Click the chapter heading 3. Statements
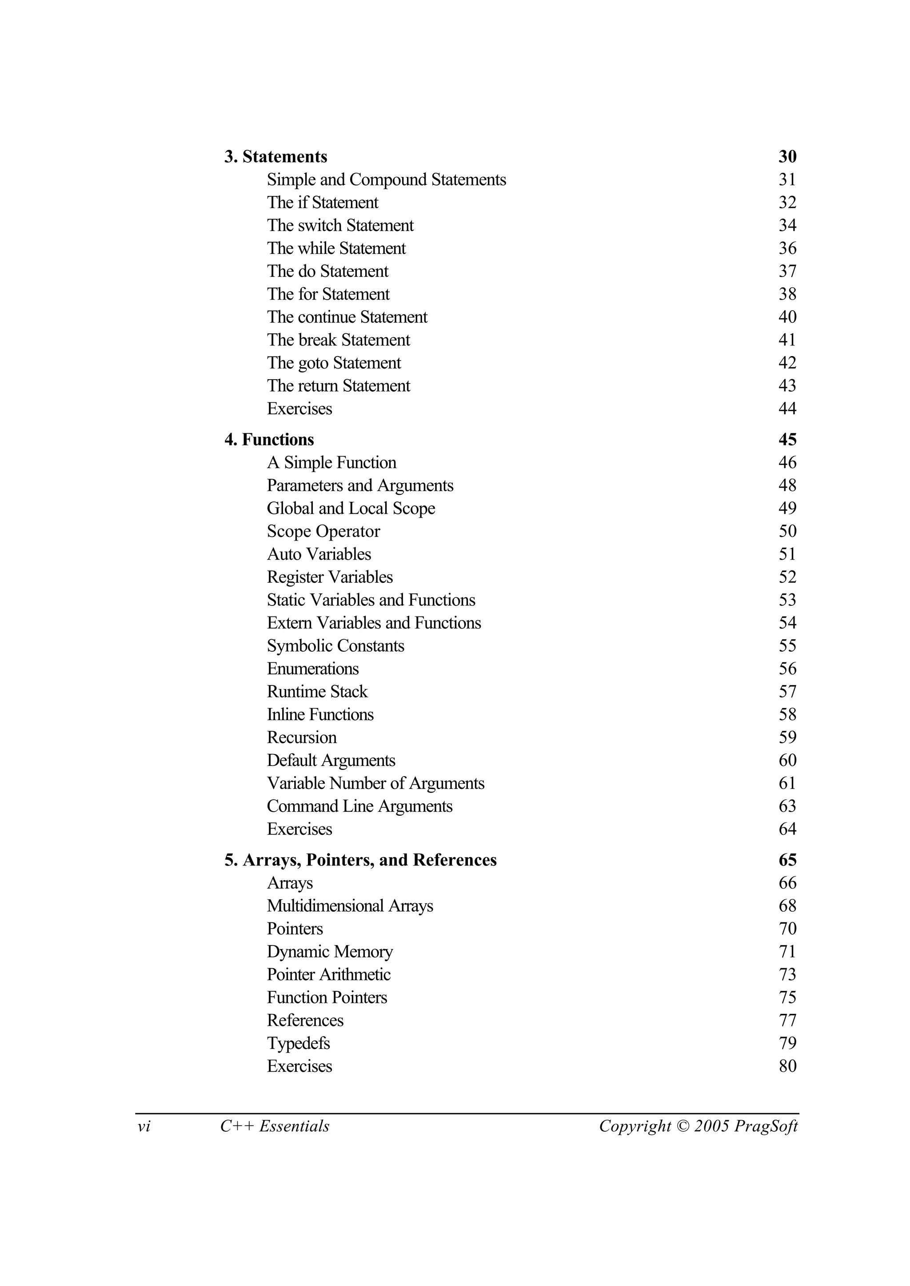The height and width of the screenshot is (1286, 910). coord(275,157)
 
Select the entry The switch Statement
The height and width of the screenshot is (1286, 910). coord(340,225)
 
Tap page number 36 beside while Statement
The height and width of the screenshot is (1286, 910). coord(787,248)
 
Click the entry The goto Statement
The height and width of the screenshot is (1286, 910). coord(334,363)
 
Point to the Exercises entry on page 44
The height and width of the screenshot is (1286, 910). coord(299,409)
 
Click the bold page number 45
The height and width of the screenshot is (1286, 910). coord(787,440)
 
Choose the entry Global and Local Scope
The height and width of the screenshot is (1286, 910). coord(351,509)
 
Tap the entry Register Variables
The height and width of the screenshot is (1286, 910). coord(330,577)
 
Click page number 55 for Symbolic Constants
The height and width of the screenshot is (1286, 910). coord(787,646)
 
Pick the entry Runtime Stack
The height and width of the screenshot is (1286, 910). coord(317,692)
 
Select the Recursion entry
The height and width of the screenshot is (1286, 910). coord(301,738)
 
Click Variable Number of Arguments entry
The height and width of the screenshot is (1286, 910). coord(375,783)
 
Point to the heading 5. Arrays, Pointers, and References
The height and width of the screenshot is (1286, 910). coord(360,860)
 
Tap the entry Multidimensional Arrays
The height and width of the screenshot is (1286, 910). coord(350,906)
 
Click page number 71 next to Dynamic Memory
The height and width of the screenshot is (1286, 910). coord(787,952)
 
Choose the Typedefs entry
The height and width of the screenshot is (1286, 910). coord(298,1043)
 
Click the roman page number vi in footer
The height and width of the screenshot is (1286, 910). coord(144,1126)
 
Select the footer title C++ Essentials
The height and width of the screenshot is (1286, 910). coord(275,1126)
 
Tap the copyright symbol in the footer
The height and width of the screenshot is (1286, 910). coord(682,1126)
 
